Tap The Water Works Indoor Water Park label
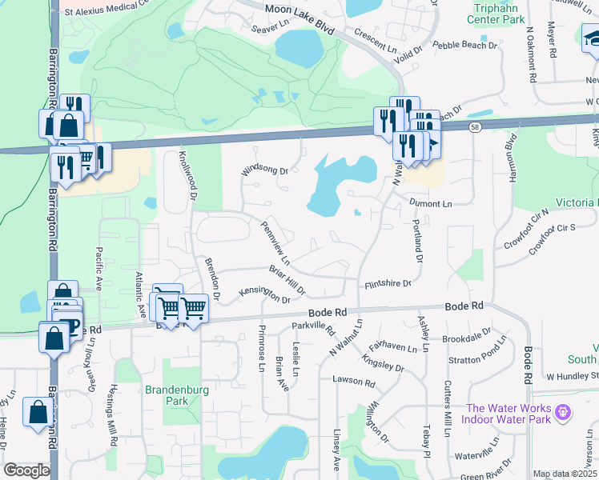pos(509,413)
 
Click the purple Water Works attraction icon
pos(563,412)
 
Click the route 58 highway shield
pos(475,128)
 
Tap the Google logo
pos(26,470)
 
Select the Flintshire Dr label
pos(388,284)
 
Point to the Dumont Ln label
pos(431,205)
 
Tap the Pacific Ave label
pos(100,270)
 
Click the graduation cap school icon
pos(591,38)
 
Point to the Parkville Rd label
pos(313,326)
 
